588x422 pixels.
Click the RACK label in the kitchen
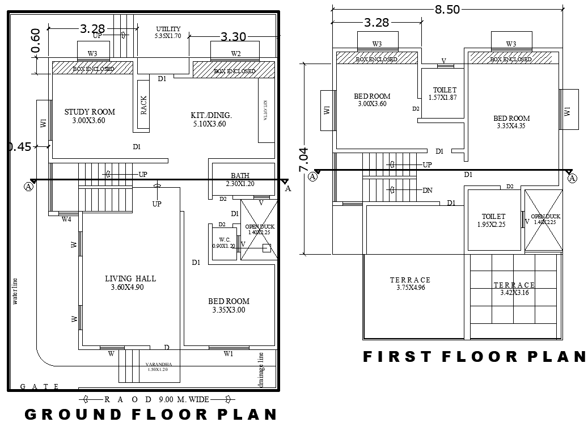tap(144, 105)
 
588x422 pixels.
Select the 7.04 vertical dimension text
tap(304, 159)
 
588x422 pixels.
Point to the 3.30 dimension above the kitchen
tap(233, 37)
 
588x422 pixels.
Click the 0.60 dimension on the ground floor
tap(36, 40)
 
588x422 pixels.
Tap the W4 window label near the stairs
tap(66, 219)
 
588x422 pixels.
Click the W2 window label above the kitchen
tap(236, 53)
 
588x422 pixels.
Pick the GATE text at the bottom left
tap(39, 386)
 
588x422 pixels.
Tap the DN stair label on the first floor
tap(428, 191)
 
